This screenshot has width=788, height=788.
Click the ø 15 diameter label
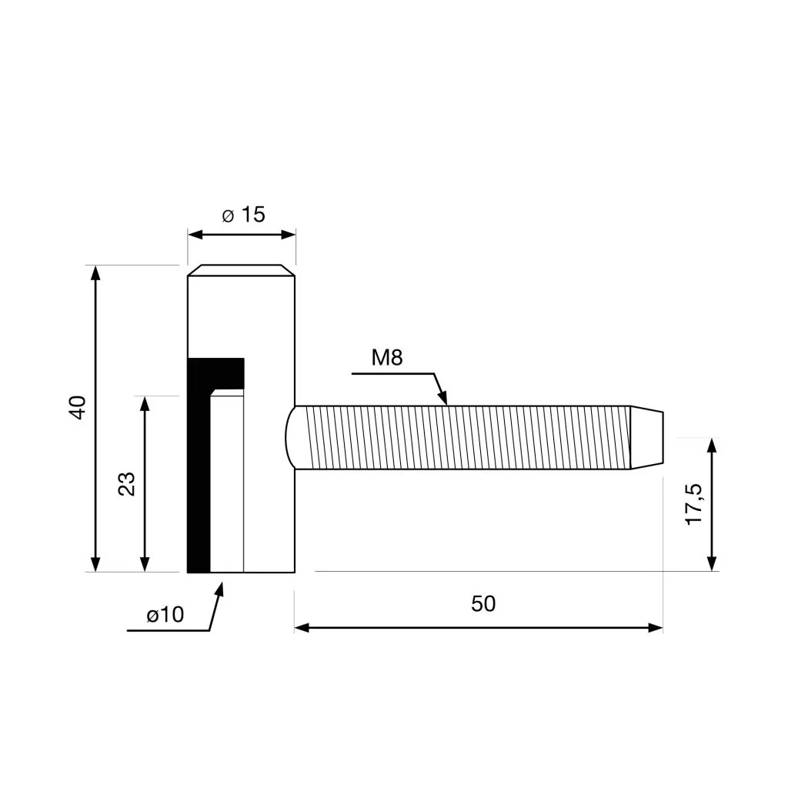point(243,215)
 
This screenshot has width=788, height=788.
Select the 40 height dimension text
point(78,408)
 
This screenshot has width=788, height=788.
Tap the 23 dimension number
point(127,484)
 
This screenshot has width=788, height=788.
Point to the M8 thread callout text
point(387,357)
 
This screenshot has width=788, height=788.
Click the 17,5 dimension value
point(695,504)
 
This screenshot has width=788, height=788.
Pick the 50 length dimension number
point(483,603)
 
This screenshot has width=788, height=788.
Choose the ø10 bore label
point(165,614)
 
